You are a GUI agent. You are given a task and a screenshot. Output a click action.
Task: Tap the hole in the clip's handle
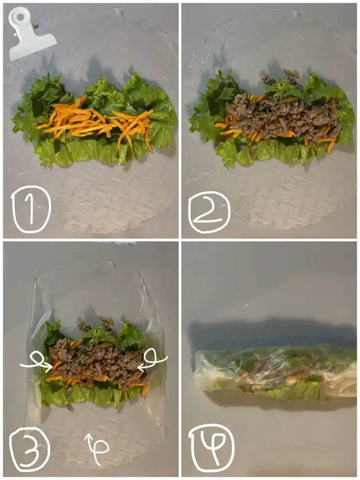pos(20,17)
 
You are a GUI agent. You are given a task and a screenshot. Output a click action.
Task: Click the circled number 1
pos(31,209)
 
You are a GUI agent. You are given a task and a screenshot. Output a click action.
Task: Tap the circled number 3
pos(30,449)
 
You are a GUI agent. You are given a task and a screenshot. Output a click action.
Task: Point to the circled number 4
pos(211,448)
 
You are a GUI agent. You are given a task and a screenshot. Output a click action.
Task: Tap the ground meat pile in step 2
pos(282,118)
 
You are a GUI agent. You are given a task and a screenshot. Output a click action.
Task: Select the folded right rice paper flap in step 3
pos(155,352)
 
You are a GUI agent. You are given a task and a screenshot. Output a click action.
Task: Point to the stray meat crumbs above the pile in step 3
pos(96,325)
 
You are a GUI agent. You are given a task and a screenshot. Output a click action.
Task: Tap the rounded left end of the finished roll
pos(200,370)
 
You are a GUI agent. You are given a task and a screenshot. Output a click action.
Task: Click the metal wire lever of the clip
pos(36,26)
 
